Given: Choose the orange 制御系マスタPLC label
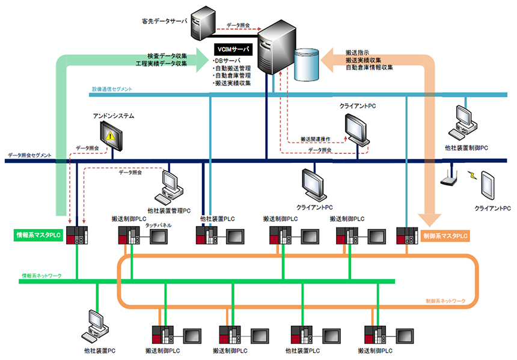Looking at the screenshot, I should point(445,236).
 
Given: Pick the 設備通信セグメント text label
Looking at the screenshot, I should point(112,89).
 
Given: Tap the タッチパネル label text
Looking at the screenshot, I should point(158,225).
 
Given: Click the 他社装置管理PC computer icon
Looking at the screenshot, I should point(168,187).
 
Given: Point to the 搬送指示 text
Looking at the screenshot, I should point(357,52).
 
